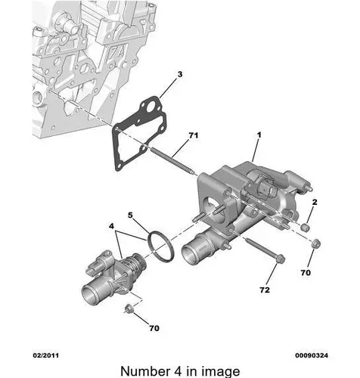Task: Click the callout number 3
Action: click(x=180, y=74)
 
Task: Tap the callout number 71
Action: click(x=194, y=135)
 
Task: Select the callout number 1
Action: click(x=259, y=135)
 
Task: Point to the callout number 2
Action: click(x=315, y=202)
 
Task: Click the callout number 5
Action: click(x=130, y=215)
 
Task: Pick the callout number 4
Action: click(x=111, y=226)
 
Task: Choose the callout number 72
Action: click(x=265, y=290)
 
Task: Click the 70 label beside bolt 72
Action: click(x=306, y=273)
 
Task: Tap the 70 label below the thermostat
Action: click(x=154, y=328)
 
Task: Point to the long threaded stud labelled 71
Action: click(x=172, y=162)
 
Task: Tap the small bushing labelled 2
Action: click(x=306, y=227)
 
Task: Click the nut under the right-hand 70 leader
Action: click(x=316, y=243)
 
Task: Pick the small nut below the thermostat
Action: click(x=129, y=308)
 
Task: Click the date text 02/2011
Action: click(x=46, y=355)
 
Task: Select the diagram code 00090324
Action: click(x=312, y=355)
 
